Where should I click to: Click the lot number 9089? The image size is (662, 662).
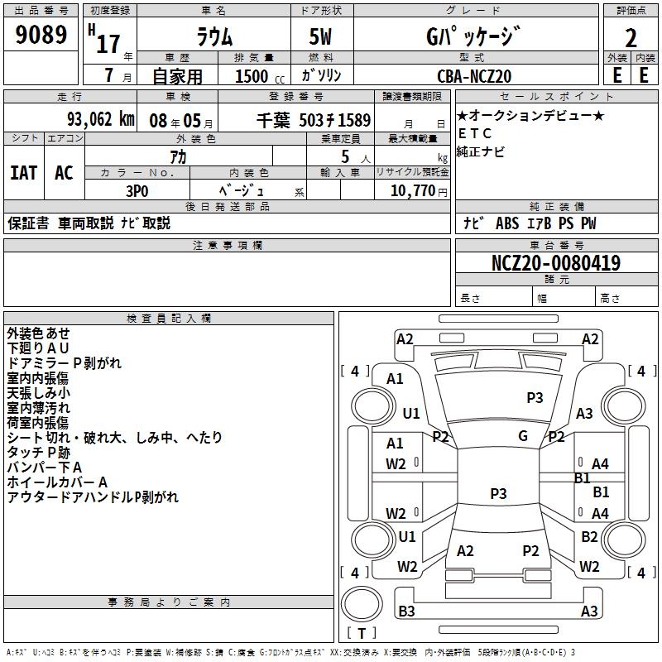click(41, 36)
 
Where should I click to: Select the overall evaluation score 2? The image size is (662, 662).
click(631, 37)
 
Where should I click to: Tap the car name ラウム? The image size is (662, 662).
click(213, 37)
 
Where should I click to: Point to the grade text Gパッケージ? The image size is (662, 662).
click(473, 36)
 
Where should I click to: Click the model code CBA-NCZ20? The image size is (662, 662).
click(474, 76)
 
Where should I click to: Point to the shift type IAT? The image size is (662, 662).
click(23, 173)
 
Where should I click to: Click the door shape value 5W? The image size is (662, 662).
click(321, 37)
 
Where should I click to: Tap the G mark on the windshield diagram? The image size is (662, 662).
click(523, 436)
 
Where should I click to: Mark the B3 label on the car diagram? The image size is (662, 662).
click(406, 612)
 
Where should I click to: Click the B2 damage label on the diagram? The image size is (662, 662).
click(589, 537)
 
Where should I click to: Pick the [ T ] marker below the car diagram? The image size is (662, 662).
click(361, 633)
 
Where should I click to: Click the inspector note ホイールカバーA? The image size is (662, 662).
click(58, 482)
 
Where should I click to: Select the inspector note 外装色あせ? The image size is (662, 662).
click(38, 333)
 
